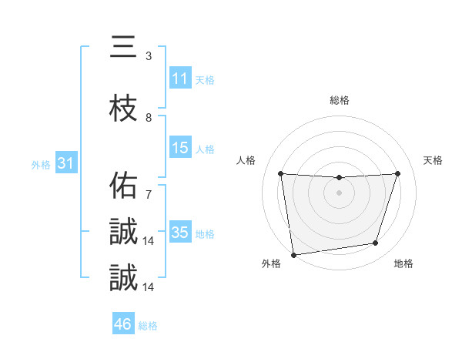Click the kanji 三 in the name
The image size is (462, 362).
[123, 47]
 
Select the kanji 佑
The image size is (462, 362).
[123, 186]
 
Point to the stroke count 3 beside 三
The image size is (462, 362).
[149, 56]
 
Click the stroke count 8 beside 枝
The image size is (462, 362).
[149, 117]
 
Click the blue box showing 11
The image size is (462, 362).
[180, 79]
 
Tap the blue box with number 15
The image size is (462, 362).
[180, 148]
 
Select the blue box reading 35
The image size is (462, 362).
[180, 233]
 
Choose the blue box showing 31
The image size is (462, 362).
[65, 163]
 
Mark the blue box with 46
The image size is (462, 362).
[123, 324]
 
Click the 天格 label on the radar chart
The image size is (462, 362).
[434, 160]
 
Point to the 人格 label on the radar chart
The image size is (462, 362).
[246, 160]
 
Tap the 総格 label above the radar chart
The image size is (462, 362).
[340, 100]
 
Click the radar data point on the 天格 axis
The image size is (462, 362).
[398, 173]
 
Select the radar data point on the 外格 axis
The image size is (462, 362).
[293, 254]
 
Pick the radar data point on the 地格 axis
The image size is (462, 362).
[376, 243]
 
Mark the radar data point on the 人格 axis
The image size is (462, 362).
[280, 173]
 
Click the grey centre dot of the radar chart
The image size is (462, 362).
[339, 193]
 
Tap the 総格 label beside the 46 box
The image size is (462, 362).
[148, 326]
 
